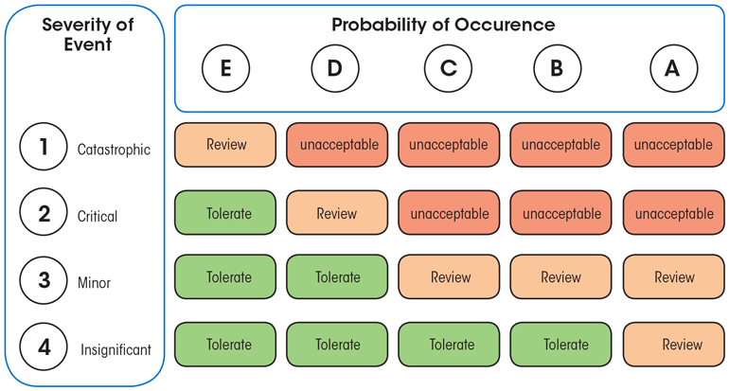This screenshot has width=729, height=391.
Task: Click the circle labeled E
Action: [225, 68]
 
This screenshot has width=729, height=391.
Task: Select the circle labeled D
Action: [335, 68]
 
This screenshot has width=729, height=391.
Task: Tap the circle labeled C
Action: [448, 68]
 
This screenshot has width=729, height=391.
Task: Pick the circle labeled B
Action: [557, 68]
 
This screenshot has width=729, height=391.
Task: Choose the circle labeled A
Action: [673, 68]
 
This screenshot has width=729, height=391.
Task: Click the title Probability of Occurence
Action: [443, 25]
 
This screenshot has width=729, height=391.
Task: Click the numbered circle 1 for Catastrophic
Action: [44, 147]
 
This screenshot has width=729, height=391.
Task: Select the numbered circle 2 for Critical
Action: [44, 213]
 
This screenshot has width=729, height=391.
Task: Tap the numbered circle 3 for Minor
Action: [44, 280]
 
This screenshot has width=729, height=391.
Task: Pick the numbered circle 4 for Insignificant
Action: [44, 347]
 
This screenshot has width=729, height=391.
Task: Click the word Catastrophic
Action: [114, 150]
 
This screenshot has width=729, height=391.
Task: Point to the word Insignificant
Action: [116, 349]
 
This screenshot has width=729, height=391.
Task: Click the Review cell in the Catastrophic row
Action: [225, 145]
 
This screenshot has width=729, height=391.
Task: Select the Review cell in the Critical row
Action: [337, 213]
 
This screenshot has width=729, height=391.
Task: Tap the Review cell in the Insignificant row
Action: [674, 345]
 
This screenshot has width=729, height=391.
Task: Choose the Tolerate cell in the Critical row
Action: [225, 213]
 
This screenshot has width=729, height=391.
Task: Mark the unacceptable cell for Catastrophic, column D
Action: [337, 145]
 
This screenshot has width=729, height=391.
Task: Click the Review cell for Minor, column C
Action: [449, 277]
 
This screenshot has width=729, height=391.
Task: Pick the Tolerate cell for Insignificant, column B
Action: [561, 345]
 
